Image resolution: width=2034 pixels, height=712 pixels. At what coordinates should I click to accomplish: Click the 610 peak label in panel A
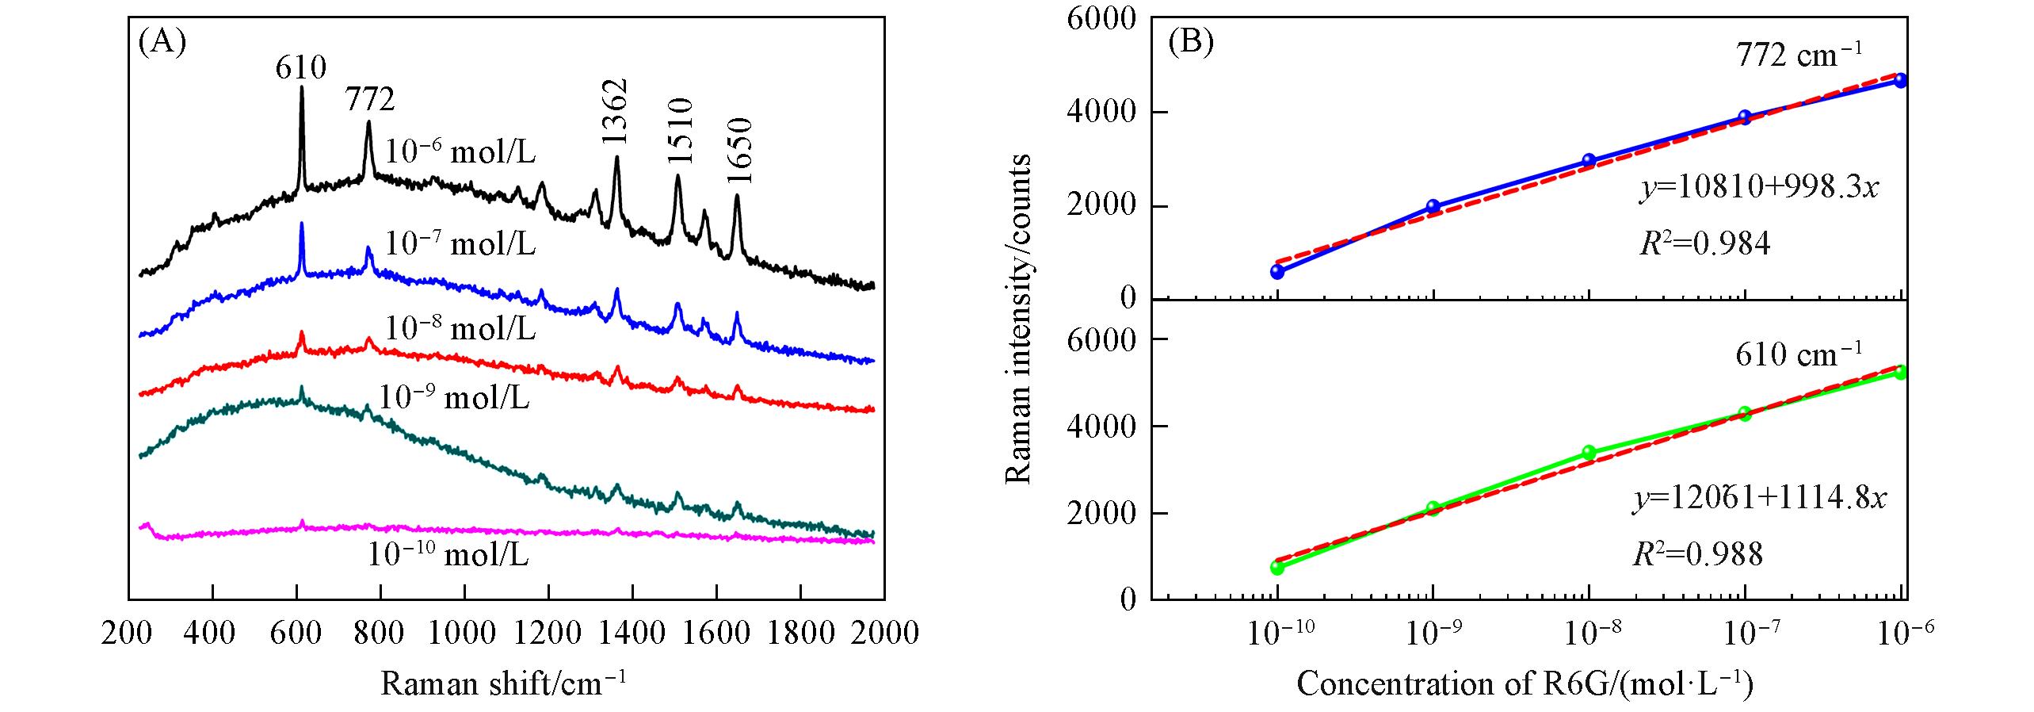coord(301,68)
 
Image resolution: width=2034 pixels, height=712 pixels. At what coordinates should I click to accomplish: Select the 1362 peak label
coord(614,111)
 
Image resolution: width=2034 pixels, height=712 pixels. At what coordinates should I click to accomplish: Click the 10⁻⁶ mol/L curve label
coord(460,151)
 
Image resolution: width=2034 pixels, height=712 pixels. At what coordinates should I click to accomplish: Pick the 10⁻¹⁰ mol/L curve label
coord(448,554)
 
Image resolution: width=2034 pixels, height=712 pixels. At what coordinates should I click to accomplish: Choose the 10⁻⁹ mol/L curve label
coord(454,397)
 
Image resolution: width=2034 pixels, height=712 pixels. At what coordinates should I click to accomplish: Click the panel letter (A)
coord(162,41)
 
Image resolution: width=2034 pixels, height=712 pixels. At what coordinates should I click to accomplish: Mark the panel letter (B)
coord(1191,42)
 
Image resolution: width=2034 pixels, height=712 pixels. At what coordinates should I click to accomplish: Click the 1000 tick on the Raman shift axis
coord(464,634)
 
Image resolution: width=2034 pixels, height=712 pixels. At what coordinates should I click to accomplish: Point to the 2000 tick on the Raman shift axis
coord(885,634)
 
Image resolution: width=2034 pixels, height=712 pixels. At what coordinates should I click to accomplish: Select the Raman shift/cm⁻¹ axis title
coord(503,683)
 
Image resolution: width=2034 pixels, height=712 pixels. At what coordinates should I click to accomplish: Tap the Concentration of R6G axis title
coord(1524,683)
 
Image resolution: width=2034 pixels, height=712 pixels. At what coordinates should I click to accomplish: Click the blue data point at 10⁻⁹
coord(1433,207)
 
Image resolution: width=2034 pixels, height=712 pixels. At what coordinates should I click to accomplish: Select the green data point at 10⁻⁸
coord(1589,453)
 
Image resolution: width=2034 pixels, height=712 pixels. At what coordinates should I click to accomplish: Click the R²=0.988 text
coord(1698,554)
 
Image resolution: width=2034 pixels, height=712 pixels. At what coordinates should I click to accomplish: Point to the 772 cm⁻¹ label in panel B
coord(1797,56)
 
